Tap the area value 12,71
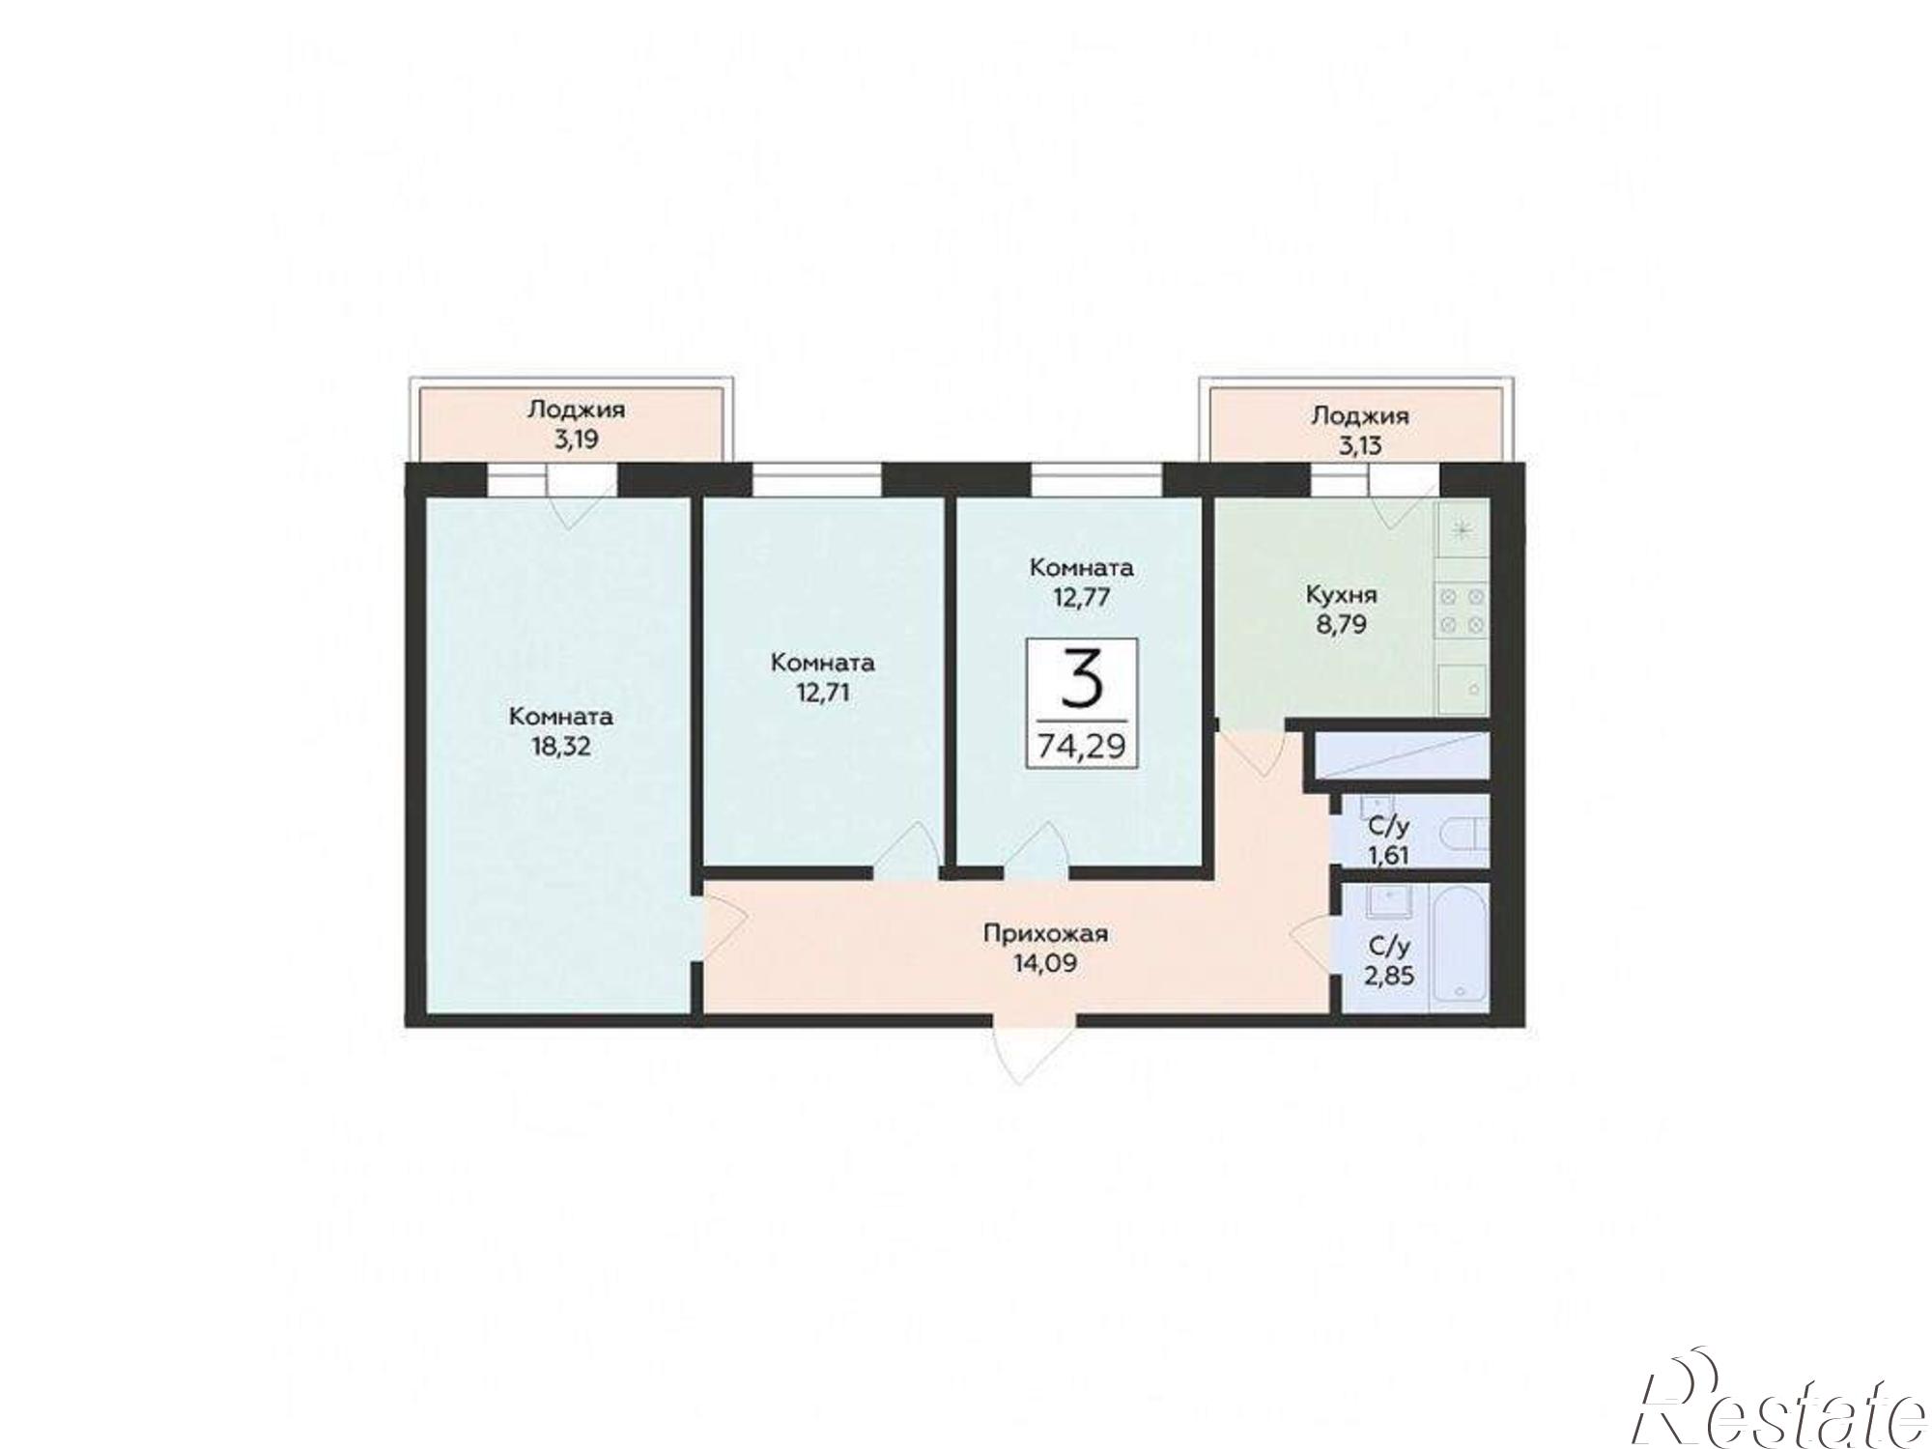[x=823, y=692]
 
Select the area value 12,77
[x=1082, y=597]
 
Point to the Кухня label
[x=1341, y=594]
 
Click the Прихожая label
[x=1045, y=934]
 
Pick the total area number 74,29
[x=1082, y=746]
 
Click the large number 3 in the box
[x=1082, y=680]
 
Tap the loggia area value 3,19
[x=576, y=440]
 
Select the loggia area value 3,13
[x=1360, y=445]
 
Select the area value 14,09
[x=1045, y=963]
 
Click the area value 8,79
[x=1341, y=623]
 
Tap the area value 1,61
[x=1389, y=854]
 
